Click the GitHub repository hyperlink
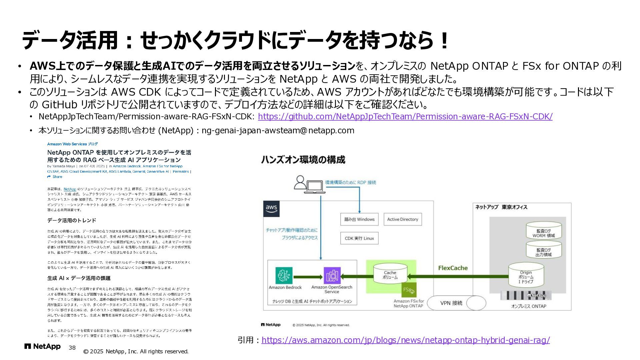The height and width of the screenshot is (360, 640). (405, 117)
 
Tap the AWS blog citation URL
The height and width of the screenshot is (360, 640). (406, 340)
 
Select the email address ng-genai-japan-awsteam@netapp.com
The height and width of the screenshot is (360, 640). (278, 130)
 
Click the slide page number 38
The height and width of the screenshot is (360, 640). (72, 348)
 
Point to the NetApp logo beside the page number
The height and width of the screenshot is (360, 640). (42, 347)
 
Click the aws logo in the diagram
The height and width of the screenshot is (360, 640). (271, 209)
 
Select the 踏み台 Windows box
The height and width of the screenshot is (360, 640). (359, 219)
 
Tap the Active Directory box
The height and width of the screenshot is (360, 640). (402, 219)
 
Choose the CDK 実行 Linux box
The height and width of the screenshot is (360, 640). (359, 238)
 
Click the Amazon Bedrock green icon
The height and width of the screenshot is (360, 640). (284, 276)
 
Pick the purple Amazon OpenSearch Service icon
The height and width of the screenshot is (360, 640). (332, 276)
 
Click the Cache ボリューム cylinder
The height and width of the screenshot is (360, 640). (390, 274)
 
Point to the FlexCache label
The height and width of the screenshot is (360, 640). (453, 268)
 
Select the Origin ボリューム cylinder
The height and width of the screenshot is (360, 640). (526, 275)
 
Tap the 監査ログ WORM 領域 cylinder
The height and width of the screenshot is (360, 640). (543, 231)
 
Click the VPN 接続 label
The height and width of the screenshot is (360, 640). (451, 303)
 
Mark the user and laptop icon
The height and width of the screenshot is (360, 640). (309, 184)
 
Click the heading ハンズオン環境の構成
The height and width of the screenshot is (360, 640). (303, 160)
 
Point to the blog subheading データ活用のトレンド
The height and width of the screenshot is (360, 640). (72, 220)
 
